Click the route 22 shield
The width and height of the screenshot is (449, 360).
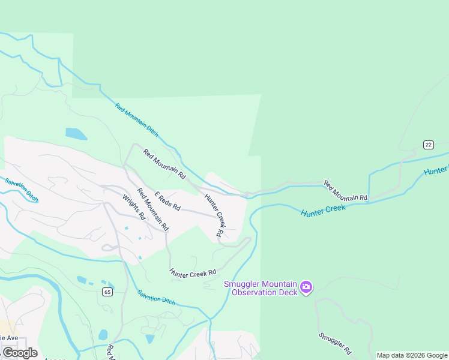(428, 145)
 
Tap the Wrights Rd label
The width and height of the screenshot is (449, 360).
(134, 207)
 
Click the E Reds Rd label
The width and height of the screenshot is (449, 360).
(167, 201)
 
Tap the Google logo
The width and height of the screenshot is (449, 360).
(20, 353)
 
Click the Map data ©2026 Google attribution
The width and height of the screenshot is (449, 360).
(412, 355)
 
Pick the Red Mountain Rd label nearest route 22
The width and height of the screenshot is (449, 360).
(345, 190)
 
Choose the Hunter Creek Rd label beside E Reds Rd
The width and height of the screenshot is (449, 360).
(214, 214)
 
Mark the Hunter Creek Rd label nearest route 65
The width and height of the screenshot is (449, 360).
(193, 272)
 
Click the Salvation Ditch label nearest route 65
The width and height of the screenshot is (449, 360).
(156, 297)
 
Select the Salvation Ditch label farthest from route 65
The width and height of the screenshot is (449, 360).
(22, 190)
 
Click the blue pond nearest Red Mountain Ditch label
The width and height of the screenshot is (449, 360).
(76, 133)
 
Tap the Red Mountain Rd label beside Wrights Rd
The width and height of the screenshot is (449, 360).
(152, 210)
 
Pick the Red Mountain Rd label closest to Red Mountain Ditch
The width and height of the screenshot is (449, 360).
(164, 163)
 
